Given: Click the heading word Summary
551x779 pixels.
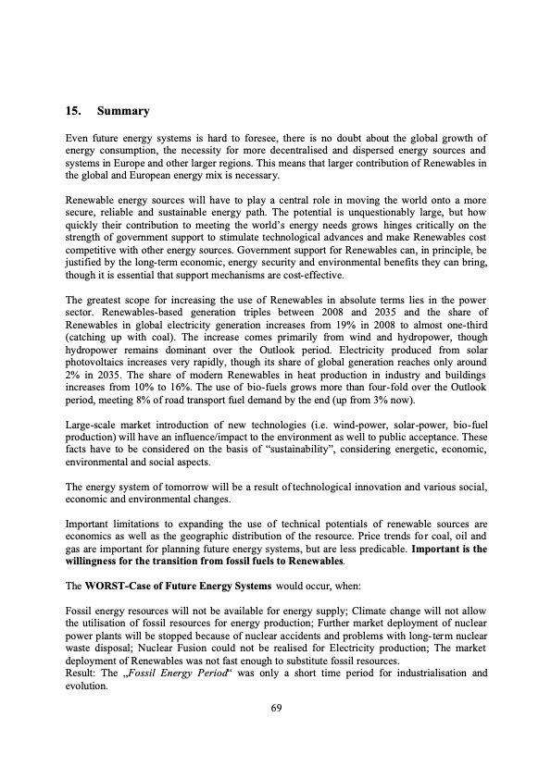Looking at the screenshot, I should coord(124,111).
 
